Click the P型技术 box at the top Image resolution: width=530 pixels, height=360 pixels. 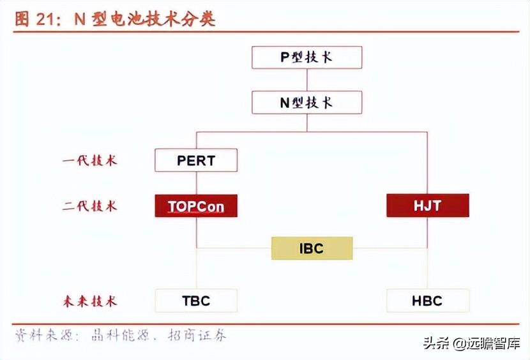tap(307, 57)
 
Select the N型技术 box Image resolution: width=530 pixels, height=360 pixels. tap(307, 103)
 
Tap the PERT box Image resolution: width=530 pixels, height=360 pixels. tap(196, 160)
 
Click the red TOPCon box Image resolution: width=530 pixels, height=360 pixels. tap(196, 206)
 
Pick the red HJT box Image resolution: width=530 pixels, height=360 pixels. tap(427, 206)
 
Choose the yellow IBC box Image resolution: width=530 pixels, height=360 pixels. tap(312, 248)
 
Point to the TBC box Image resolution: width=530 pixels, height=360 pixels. tap(196, 301)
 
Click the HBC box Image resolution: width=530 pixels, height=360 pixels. tap(427, 301)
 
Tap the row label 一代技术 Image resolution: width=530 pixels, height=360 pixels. tap(90, 161)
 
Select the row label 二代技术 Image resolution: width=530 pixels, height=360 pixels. tap(90, 206)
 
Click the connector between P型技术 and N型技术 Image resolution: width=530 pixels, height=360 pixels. tap(307, 80)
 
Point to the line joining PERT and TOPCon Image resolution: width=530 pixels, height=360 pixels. tap(196, 183)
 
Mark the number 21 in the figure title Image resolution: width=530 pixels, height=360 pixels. tap(47, 19)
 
